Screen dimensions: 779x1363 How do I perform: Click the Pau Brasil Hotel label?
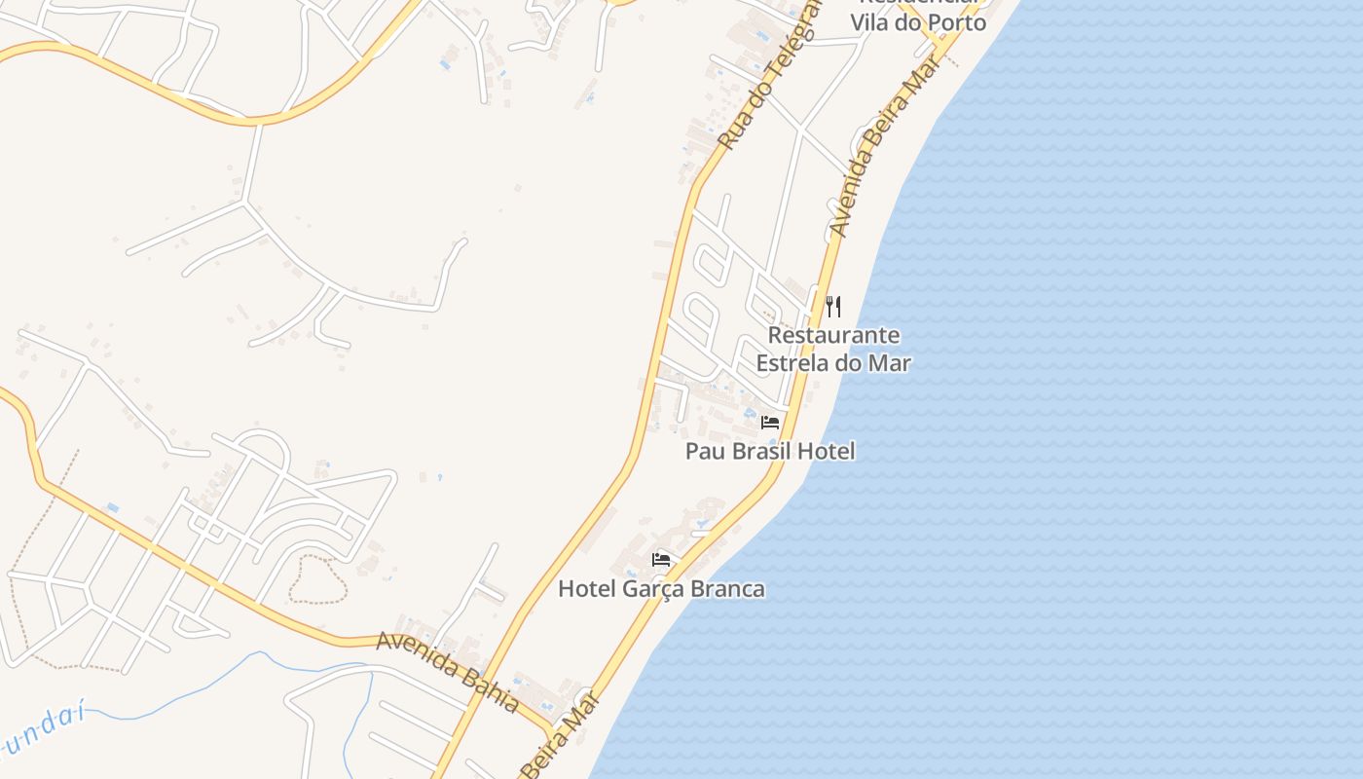point(770,451)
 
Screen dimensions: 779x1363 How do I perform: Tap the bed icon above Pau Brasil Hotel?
point(770,423)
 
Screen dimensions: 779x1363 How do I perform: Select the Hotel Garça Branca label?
point(661,589)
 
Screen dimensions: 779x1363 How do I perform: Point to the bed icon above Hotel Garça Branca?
point(661,560)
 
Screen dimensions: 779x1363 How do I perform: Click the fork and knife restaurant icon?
point(833,307)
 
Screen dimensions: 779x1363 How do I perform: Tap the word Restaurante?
point(833,335)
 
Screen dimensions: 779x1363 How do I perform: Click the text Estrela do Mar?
point(833,363)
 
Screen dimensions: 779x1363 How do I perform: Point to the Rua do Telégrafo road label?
point(769,76)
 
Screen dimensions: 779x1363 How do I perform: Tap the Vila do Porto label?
point(918,22)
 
